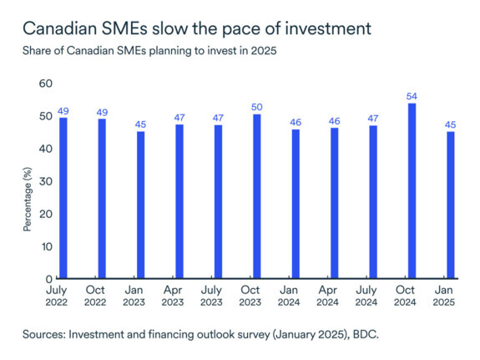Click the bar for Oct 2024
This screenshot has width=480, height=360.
tap(412, 190)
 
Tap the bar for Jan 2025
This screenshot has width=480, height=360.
tap(451, 205)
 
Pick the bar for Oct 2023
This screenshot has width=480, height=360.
tap(257, 196)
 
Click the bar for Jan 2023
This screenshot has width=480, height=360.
tap(140, 205)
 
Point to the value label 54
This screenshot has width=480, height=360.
tap(412, 96)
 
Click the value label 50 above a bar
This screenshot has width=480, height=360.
tap(257, 107)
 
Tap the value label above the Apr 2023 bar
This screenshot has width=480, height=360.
tap(179, 117)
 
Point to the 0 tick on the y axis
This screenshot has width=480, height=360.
tap(48, 279)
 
